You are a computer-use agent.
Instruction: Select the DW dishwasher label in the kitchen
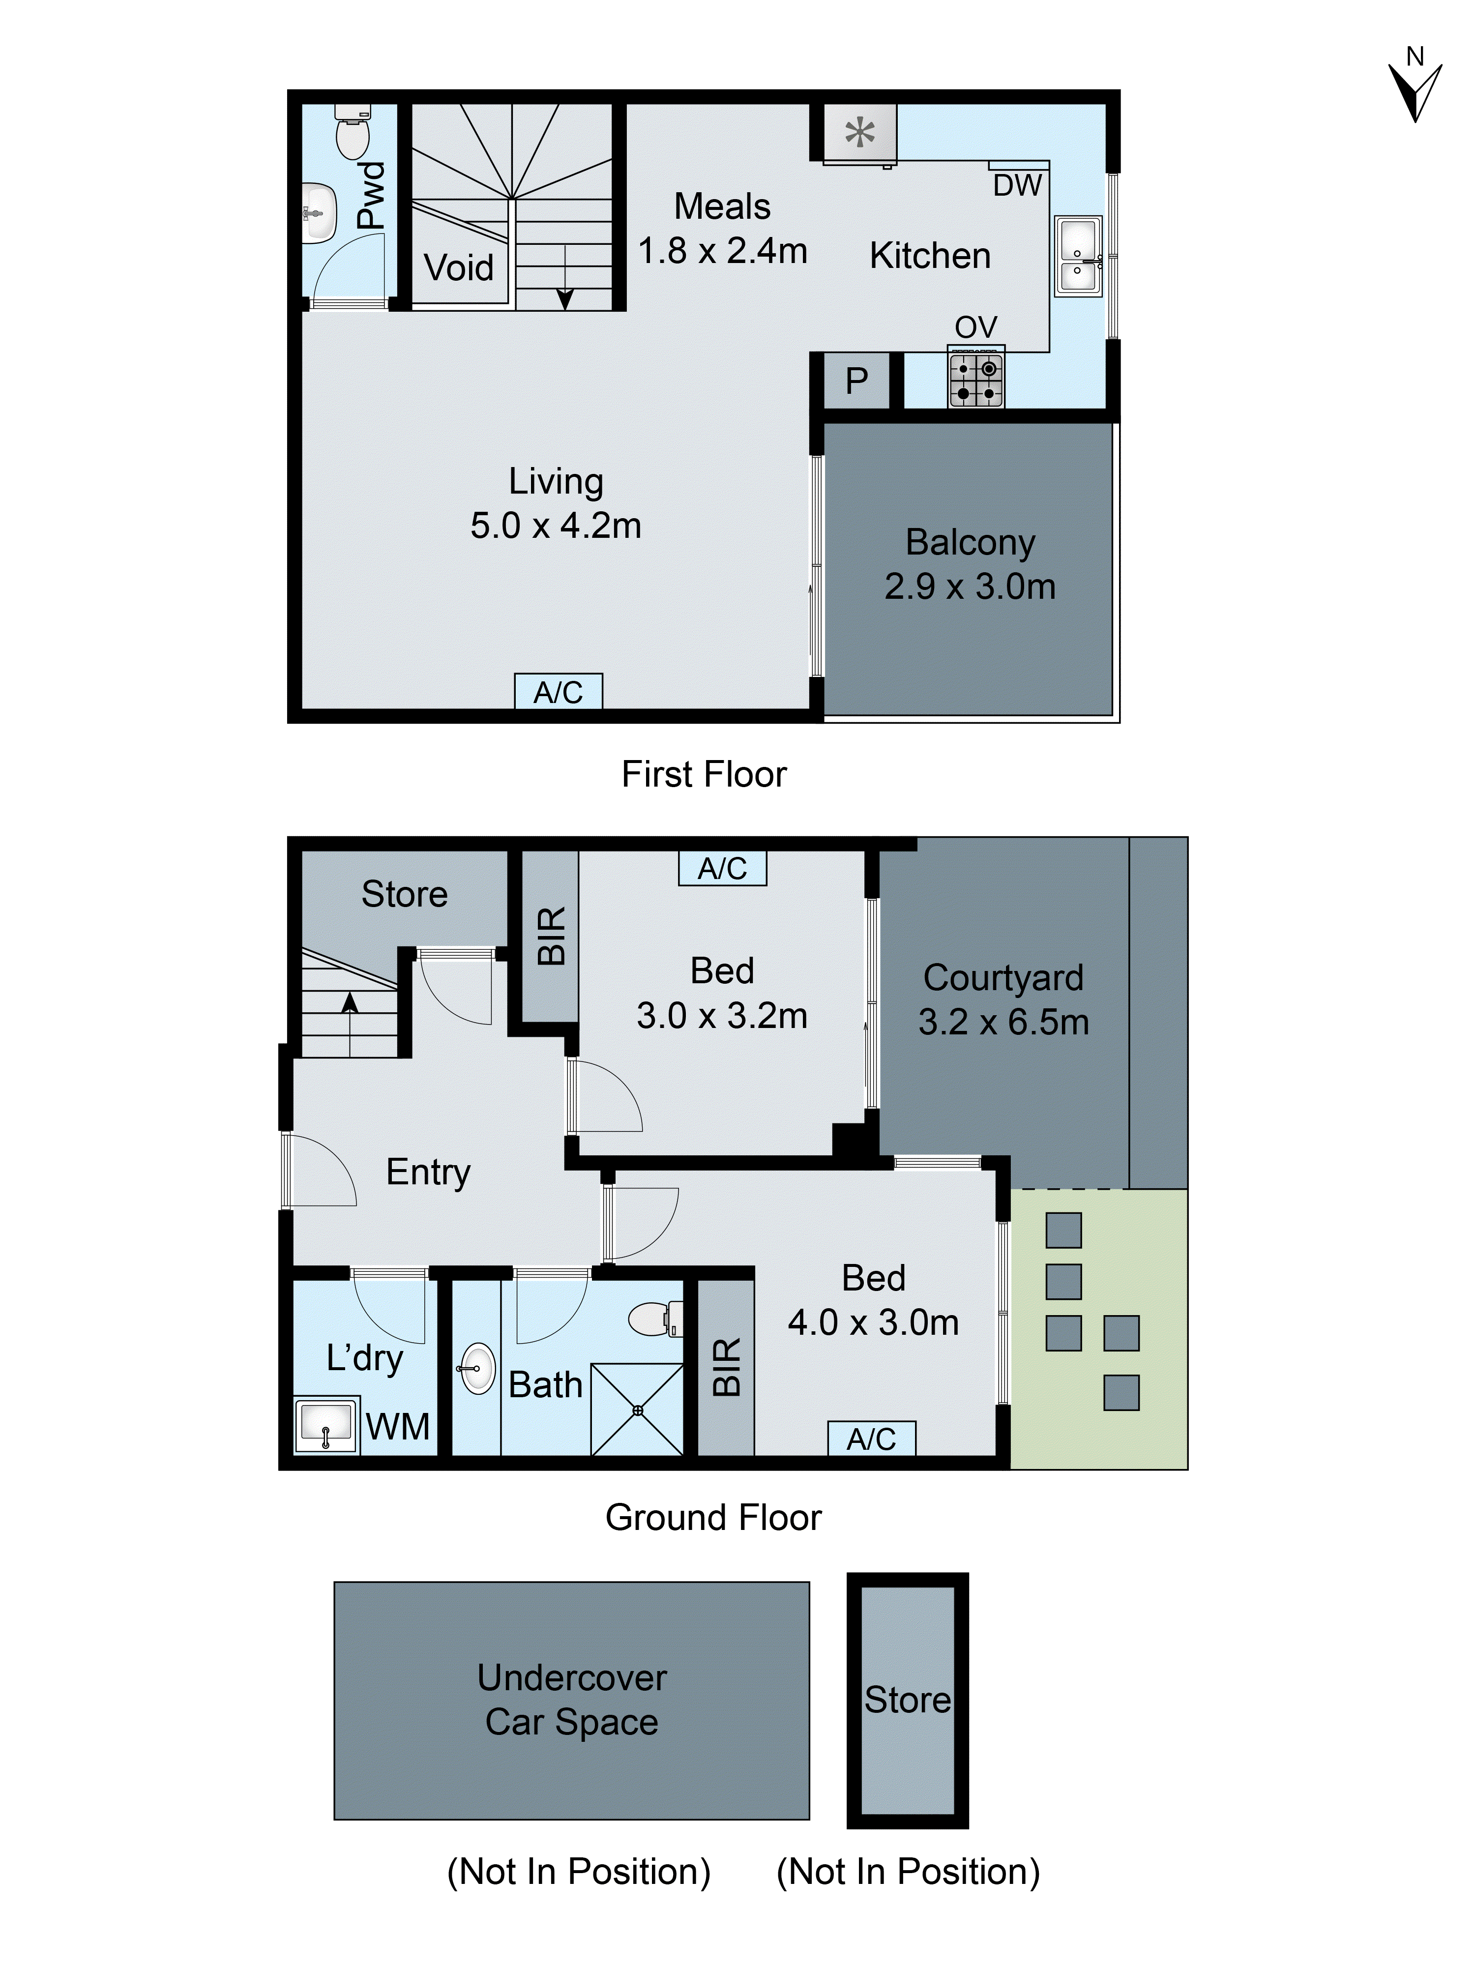coord(1016,186)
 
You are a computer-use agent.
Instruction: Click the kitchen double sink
coord(1078,256)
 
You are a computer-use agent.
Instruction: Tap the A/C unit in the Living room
coord(559,692)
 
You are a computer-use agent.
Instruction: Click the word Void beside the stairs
coord(458,267)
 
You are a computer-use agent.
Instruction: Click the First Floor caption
coord(703,774)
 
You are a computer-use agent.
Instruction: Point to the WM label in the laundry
coord(397,1427)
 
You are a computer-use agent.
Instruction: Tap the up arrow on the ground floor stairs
coord(350,1005)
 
